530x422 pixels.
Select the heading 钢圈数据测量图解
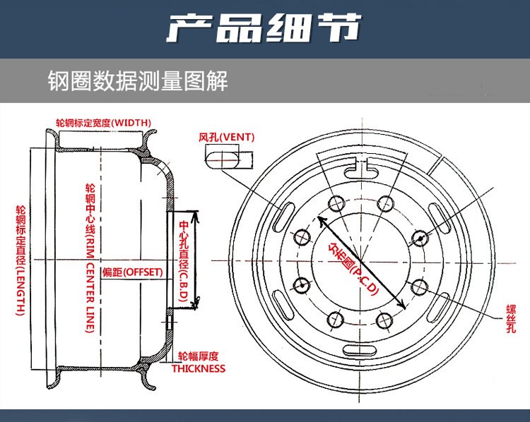click(138, 80)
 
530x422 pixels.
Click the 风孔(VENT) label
click(226, 138)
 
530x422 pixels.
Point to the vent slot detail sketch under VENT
click(229, 159)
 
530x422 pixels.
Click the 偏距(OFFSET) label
click(133, 272)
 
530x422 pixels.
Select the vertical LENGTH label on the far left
click(21, 260)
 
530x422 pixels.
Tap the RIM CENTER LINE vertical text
click(90, 258)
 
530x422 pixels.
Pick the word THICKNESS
click(199, 368)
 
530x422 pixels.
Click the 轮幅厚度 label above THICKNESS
click(199, 356)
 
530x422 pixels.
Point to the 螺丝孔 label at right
click(511, 319)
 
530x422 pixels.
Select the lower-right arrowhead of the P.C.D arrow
click(402, 305)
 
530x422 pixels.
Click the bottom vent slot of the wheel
click(360, 350)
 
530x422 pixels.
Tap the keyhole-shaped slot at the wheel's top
click(360, 170)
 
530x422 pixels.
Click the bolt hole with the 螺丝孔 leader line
click(419, 287)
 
